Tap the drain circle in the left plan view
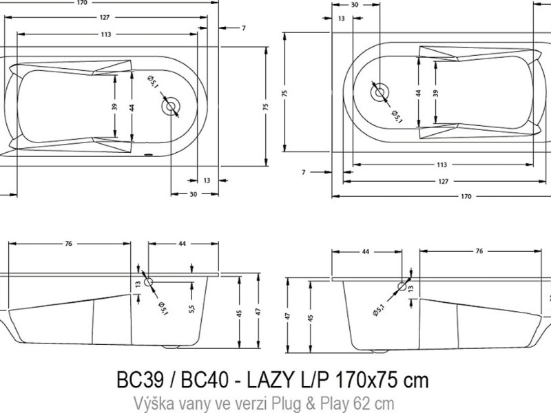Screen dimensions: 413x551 tap(170, 107)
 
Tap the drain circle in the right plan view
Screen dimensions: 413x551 tap(380, 91)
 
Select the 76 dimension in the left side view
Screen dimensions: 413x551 tap(69, 245)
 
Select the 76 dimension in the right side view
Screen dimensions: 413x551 tap(478, 253)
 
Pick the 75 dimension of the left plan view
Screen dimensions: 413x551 tap(264, 106)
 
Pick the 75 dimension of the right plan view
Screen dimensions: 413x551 tap(284, 93)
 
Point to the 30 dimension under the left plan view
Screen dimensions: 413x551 tap(194, 194)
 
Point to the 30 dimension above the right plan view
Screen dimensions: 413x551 tap(355, 4)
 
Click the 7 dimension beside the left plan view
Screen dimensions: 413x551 tap(244, 28)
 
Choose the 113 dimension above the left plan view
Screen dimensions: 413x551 tap(106, 34)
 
